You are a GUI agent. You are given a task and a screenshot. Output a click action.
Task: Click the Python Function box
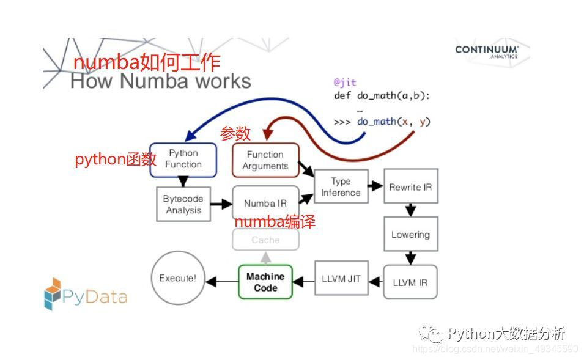(x=183, y=160)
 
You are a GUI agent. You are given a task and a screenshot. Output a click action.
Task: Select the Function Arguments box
(x=265, y=160)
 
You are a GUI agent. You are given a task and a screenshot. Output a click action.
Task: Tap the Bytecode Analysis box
(x=183, y=204)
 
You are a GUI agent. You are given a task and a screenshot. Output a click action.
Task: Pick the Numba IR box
(x=265, y=203)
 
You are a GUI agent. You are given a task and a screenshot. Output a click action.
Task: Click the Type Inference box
(x=341, y=186)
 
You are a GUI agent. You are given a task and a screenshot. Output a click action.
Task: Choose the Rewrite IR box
(x=410, y=187)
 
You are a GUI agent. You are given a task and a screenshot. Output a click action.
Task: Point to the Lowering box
(x=410, y=234)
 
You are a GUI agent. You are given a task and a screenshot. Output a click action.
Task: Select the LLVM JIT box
(x=341, y=279)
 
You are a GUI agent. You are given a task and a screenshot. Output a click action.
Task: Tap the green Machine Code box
(x=265, y=282)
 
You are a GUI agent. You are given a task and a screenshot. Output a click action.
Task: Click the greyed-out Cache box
(x=265, y=240)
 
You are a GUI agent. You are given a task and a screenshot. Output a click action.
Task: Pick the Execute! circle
(x=178, y=278)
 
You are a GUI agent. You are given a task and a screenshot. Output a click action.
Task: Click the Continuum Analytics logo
(x=487, y=51)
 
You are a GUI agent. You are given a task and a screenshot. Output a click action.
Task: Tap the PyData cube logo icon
(x=53, y=294)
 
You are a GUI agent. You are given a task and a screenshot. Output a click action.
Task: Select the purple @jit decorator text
(x=345, y=82)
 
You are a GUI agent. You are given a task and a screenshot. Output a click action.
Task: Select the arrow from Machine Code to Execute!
(x=221, y=282)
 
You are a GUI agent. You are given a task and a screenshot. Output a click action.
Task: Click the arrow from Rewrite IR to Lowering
(x=410, y=210)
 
